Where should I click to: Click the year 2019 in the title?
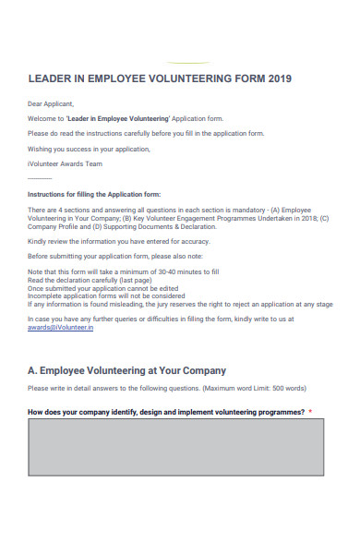point(281,78)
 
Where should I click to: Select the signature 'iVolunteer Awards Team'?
point(66,163)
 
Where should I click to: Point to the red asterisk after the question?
point(311,412)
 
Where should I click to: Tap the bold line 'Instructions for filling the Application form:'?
point(94,195)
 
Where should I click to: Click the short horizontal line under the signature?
point(40,178)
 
